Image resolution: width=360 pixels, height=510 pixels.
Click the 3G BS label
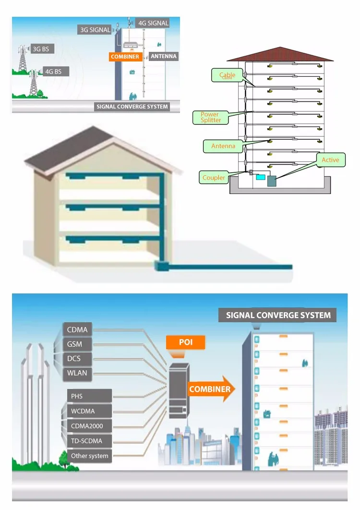tap(42, 49)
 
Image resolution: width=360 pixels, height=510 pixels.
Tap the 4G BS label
tap(56, 72)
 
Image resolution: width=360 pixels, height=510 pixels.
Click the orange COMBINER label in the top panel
tap(125, 57)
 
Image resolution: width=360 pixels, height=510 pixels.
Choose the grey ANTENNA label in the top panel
tap(164, 56)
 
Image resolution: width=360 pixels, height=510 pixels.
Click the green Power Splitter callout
tap(210, 117)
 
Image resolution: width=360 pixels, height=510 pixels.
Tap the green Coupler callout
tap(213, 178)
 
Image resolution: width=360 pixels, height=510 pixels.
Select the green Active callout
tap(331, 160)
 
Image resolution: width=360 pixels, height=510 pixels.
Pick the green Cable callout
tap(227, 75)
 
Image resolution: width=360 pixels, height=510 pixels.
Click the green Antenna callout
tap(223, 146)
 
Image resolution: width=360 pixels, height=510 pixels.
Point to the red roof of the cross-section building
tap(280, 54)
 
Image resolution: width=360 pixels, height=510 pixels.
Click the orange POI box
tap(186, 342)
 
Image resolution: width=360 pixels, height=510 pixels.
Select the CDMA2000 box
tap(89, 426)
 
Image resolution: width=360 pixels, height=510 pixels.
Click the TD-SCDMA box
tap(89, 441)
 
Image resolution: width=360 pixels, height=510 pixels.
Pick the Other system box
tap(89, 456)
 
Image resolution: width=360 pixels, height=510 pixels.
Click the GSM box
tap(77, 344)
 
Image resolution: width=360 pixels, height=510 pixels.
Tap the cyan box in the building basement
tap(261, 177)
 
